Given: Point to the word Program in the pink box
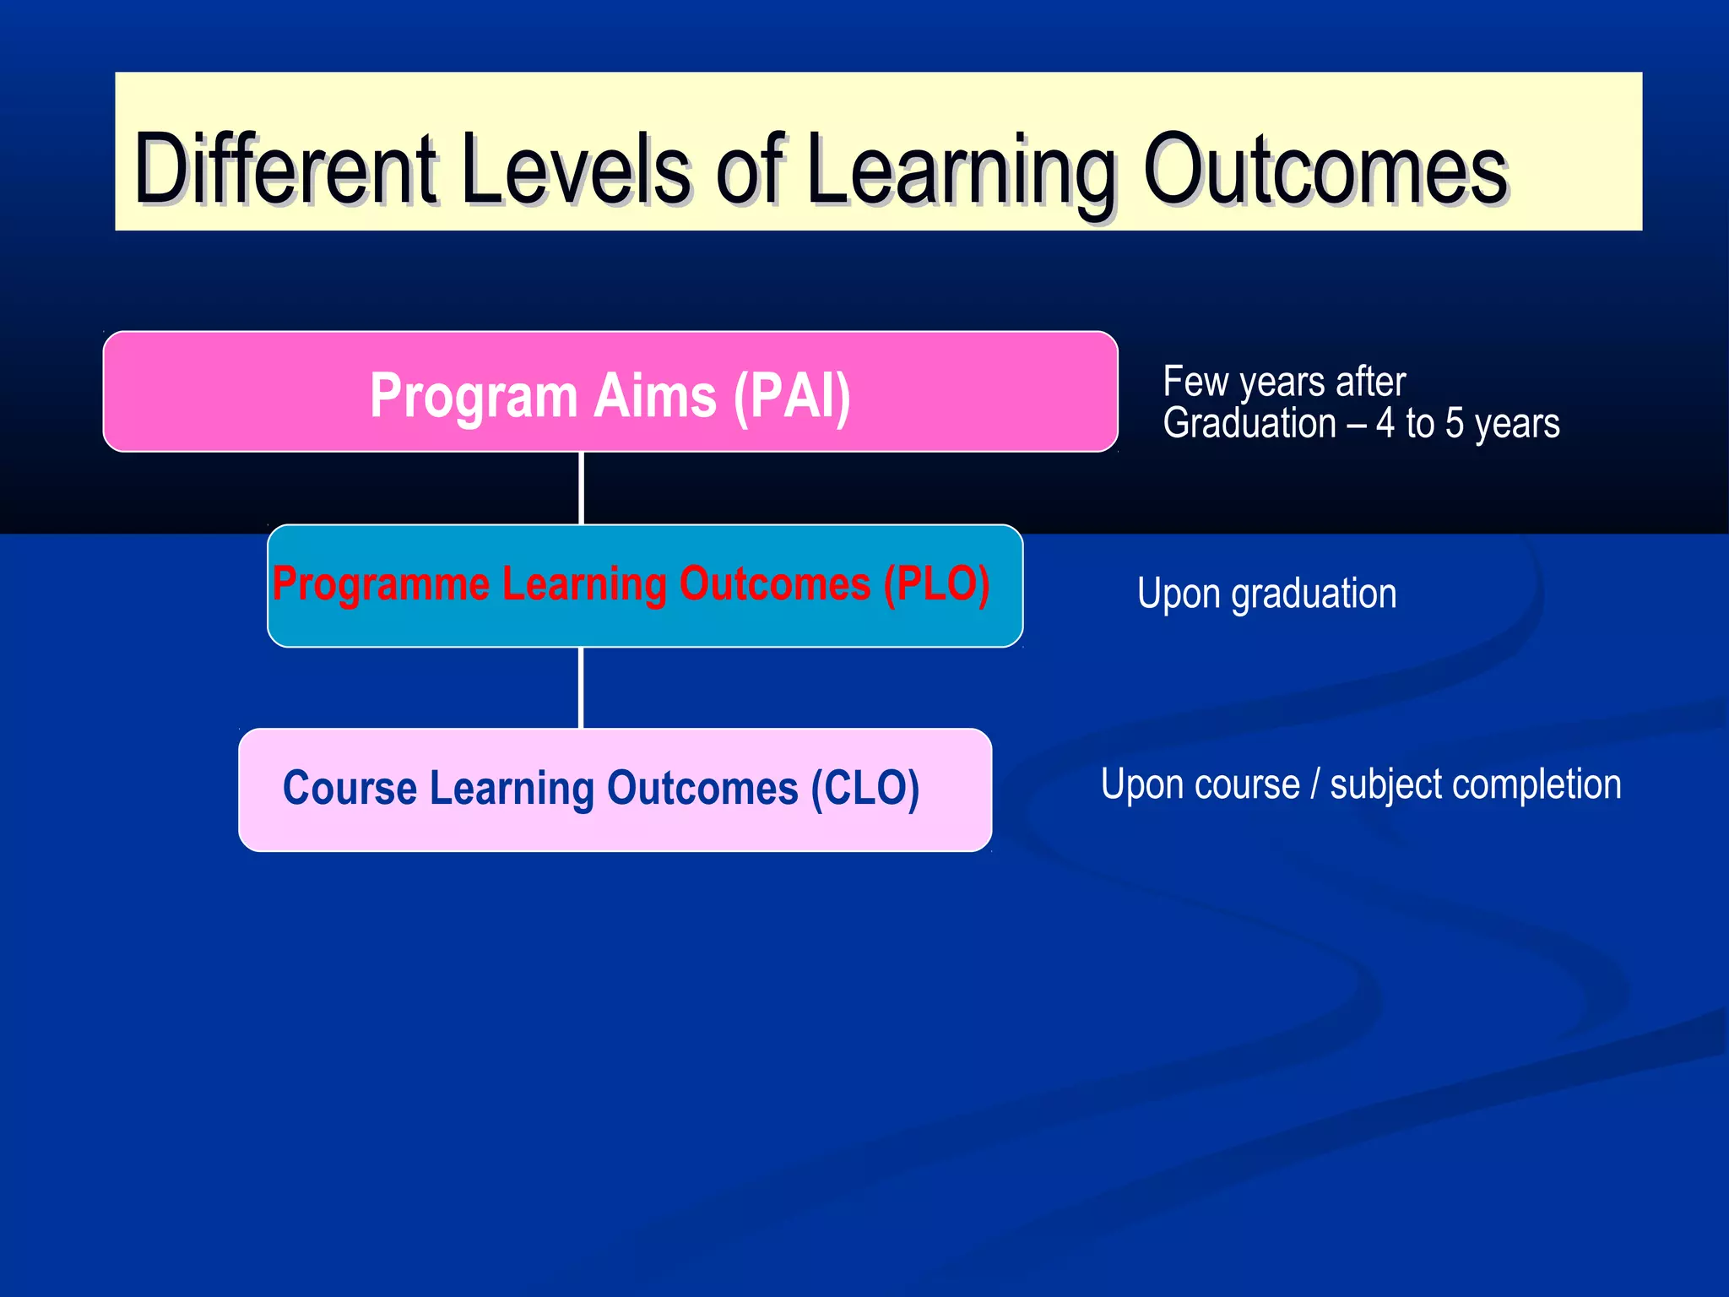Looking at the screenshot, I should pyautogui.click(x=473, y=397).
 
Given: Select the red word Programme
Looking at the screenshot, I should pyautogui.click(x=381, y=585).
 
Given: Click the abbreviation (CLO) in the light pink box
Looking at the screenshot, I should pyautogui.click(x=864, y=789).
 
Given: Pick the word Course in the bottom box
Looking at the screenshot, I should pyautogui.click(x=350, y=788).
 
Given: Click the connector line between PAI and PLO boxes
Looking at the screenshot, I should pyautogui.click(x=582, y=488).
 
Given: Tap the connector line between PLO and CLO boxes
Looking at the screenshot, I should pyautogui.click(x=582, y=687).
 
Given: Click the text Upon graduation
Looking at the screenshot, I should pyautogui.click(x=1266, y=594).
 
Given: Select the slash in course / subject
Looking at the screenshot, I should pyautogui.click(x=1314, y=784).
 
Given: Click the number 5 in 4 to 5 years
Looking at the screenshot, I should pyautogui.click(x=1454, y=424).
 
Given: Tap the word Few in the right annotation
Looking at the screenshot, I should pyautogui.click(x=1195, y=382).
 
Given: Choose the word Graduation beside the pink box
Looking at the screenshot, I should pyautogui.click(x=1249, y=424).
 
